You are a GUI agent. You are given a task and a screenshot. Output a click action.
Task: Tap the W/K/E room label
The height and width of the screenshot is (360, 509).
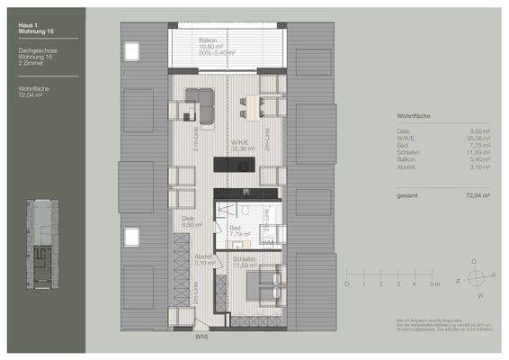click(x=240, y=142)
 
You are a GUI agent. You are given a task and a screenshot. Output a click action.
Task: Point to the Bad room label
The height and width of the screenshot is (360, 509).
click(x=237, y=229)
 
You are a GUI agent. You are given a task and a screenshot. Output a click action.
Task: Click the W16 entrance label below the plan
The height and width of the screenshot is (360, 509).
click(x=203, y=339)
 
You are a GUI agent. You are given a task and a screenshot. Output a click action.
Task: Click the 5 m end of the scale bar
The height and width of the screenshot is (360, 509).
click(x=434, y=283)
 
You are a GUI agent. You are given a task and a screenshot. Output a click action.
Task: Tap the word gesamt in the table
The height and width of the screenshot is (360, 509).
click(x=407, y=194)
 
